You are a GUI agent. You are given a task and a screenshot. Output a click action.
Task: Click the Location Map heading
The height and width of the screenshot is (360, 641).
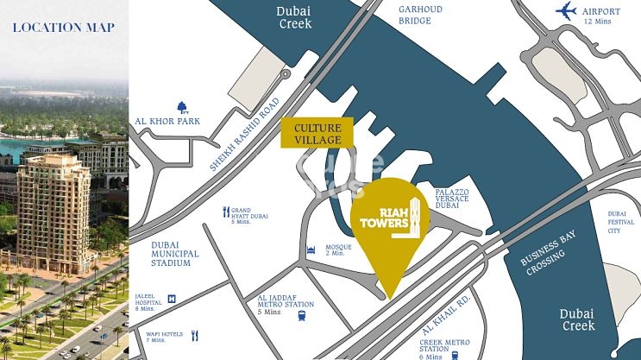64,28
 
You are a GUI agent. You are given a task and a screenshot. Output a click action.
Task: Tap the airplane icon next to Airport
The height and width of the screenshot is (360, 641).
566,11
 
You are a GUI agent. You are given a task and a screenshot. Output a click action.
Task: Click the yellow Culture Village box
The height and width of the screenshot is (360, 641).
317,132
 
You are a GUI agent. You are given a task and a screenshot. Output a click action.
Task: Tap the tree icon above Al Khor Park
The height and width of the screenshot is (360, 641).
182,106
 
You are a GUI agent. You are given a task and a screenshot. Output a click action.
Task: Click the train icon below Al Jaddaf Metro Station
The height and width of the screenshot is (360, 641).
301,315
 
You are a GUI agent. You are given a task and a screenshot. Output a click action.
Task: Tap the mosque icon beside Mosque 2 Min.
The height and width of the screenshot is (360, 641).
306,250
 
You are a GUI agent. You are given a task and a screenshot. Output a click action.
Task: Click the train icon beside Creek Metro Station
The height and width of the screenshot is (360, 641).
455,354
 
